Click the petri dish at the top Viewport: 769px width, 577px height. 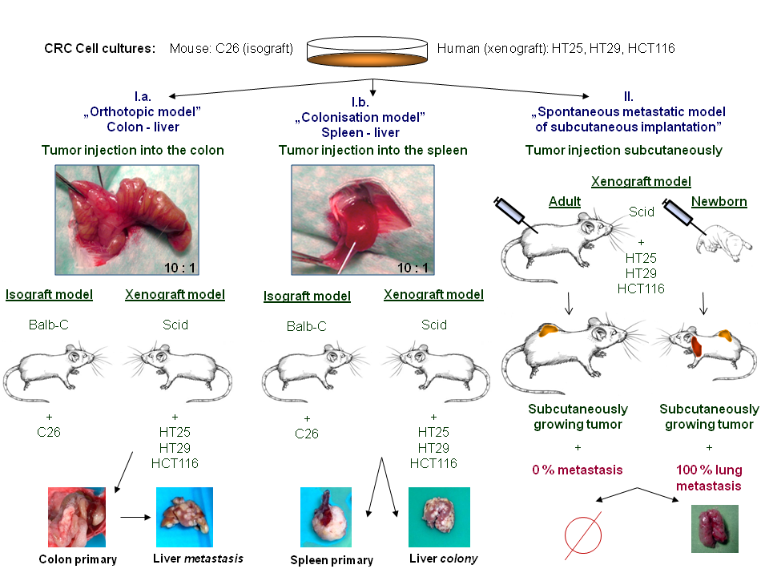[x=367, y=51]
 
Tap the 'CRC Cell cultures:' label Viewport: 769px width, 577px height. [x=99, y=49]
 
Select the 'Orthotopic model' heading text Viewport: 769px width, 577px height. [x=143, y=112]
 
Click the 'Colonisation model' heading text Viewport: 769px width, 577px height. [x=360, y=117]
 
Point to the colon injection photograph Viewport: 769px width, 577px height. [x=127, y=220]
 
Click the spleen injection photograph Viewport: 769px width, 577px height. [x=363, y=220]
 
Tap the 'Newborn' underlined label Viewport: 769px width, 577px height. [x=719, y=202]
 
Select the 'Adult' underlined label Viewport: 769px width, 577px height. [x=565, y=202]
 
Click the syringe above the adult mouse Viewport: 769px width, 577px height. [x=515, y=215]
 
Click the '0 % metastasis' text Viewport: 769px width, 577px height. [x=578, y=470]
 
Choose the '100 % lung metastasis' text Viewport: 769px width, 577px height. [x=709, y=478]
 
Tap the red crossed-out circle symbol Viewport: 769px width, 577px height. [x=583, y=536]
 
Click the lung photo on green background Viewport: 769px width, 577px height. [x=715, y=529]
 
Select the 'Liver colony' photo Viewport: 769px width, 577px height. [x=440, y=517]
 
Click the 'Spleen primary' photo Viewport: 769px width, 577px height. [x=326, y=517]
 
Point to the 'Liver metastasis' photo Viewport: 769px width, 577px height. [x=184, y=517]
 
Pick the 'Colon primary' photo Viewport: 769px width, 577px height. [x=77, y=517]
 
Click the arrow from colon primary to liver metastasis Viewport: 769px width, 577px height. [x=135, y=517]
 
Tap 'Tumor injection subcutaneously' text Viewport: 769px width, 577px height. [x=624, y=150]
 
